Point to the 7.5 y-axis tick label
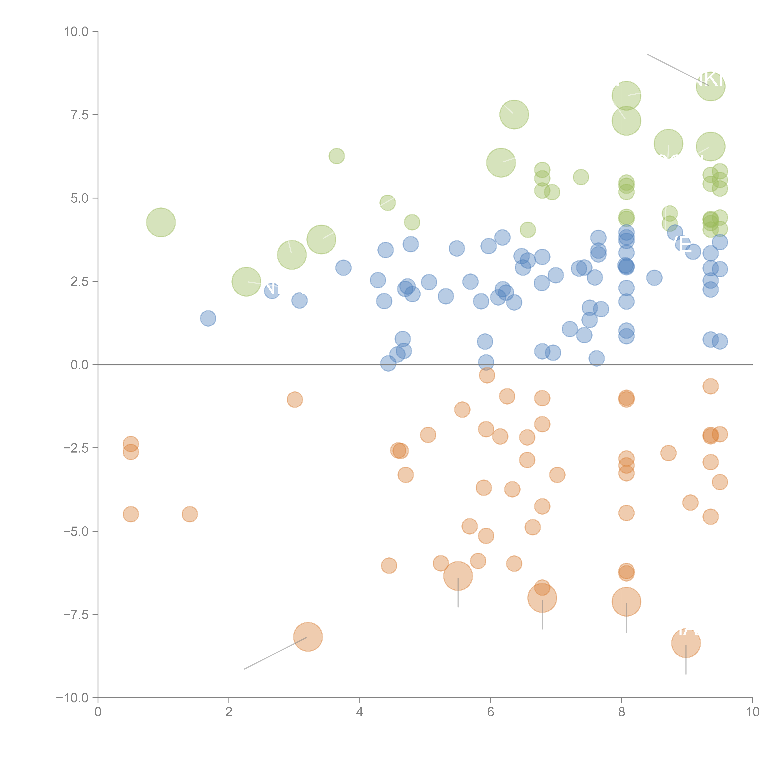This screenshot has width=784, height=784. point(79,115)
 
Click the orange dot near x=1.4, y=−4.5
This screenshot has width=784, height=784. point(190,514)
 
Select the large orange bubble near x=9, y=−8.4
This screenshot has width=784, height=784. point(686,643)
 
